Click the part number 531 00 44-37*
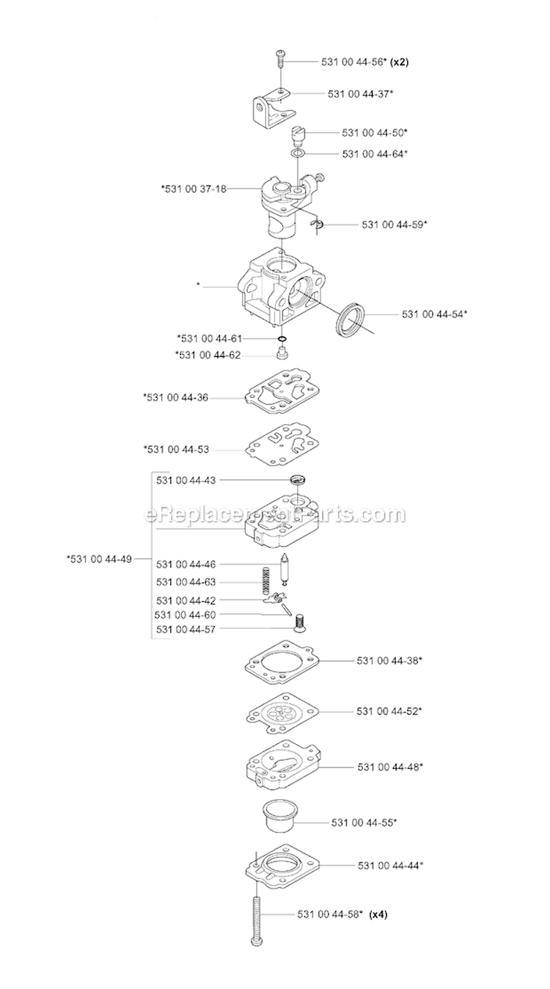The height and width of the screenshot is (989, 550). pyautogui.click(x=356, y=94)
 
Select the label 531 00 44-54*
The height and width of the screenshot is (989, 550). pyautogui.click(x=435, y=314)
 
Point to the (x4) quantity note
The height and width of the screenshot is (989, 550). pyautogui.click(x=378, y=914)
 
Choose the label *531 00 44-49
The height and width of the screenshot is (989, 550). pyautogui.click(x=99, y=559)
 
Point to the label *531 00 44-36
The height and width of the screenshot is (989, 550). pyautogui.click(x=177, y=397)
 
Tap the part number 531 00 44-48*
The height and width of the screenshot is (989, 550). pyautogui.click(x=391, y=767)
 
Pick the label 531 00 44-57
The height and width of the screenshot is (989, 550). pyautogui.click(x=186, y=629)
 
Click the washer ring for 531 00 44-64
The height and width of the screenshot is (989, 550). pyautogui.click(x=296, y=155)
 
